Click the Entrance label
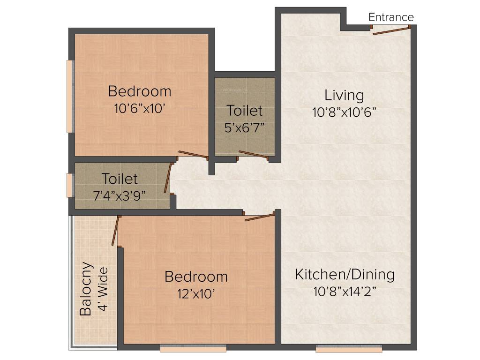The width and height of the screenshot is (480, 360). click(x=391, y=17)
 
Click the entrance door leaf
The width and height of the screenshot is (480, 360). click(x=391, y=30)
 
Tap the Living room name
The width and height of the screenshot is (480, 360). click(x=344, y=95)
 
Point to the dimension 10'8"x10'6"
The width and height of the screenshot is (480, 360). click(x=344, y=112)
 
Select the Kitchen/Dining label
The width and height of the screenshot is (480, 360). click(x=345, y=274)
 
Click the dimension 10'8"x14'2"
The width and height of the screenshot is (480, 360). click(x=345, y=292)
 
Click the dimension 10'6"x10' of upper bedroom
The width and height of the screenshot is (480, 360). click(x=139, y=109)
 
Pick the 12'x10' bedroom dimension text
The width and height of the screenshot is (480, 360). click(x=196, y=294)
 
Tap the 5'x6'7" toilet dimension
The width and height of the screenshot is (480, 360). click(x=245, y=127)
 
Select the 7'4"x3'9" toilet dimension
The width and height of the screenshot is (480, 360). click(x=120, y=196)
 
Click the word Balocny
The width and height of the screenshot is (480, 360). click(x=85, y=288)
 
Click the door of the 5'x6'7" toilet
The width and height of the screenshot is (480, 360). click(x=253, y=155)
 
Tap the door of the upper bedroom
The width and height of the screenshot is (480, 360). click(x=193, y=155)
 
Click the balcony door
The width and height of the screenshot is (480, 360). click(x=115, y=231)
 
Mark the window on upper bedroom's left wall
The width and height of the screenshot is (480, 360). click(x=70, y=96)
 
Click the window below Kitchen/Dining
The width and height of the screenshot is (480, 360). click(x=348, y=349)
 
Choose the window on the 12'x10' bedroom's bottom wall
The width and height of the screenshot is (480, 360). click(x=193, y=349)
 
